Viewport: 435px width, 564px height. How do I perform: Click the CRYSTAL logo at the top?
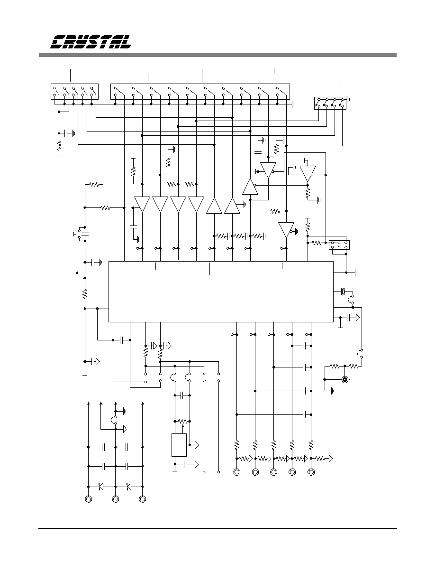click(x=91, y=42)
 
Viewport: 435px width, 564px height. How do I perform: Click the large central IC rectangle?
click(x=221, y=291)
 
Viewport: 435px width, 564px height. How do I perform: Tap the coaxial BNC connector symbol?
click(x=345, y=379)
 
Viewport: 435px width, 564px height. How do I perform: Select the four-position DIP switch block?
click(x=330, y=103)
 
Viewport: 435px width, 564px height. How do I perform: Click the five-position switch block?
click(x=75, y=91)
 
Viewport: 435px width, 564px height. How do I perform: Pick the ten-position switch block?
click(x=200, y=91)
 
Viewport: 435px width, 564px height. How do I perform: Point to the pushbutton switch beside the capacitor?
click(x=76, y=234)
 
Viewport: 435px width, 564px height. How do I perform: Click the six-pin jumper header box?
click(x=339, y=245)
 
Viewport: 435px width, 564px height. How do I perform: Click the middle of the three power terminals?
click(x=115, y=499)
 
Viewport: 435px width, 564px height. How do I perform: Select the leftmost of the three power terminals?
click(x=88, y=499)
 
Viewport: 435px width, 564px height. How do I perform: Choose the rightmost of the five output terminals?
click(x=311, y=472)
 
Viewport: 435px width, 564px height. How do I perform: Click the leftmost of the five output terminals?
click(x=236, y=472)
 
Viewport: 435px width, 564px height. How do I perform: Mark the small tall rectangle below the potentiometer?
click(x=179, y=445)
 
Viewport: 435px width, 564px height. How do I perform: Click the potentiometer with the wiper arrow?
click(x=183, y=421)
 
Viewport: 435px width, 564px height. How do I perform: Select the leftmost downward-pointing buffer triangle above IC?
click(x=142, y=204)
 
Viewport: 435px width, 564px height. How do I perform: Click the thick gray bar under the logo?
click(x=217, y=55)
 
